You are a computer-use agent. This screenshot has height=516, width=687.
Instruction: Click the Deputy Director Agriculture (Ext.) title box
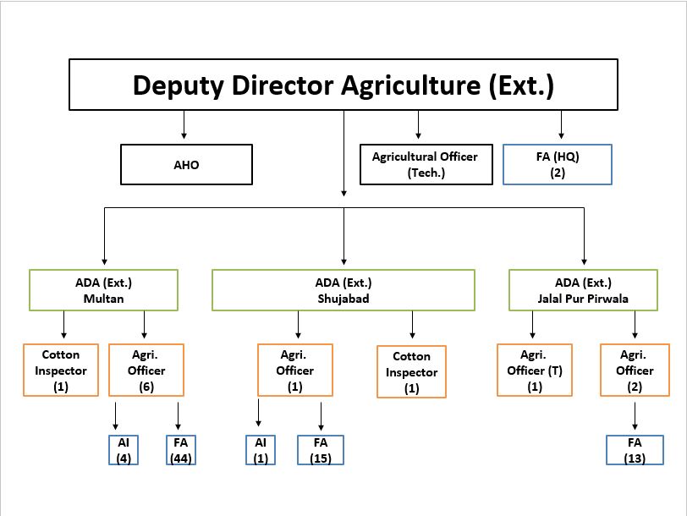tap(343, 85)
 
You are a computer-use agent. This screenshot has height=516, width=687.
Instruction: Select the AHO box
tap(186, 164)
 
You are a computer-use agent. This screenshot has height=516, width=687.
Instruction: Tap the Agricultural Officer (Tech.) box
tap(425, 164)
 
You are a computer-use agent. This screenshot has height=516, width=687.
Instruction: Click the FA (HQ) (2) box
tap(557, 164)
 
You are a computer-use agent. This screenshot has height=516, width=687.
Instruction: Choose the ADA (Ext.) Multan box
tap(103, 290)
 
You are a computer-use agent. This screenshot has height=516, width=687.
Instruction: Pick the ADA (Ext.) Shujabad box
tap(343, 290)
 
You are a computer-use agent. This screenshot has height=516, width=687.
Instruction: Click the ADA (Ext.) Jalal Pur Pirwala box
tap(584, 290)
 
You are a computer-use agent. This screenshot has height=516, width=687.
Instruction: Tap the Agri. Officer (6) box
tap(146, 371)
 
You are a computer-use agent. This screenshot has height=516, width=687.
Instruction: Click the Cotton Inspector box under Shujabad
tap(411, 372)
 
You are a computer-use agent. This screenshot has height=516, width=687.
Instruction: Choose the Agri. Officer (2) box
tap(635, 371)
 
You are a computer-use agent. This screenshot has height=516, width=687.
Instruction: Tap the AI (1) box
tap(261, 450)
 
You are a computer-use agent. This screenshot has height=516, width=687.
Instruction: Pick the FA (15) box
tap(321, 450)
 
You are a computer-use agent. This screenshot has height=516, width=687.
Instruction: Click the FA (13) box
tap(635, 450)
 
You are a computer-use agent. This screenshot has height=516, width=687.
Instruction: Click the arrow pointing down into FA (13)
tap(635, 416)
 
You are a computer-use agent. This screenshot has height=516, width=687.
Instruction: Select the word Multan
tap(103, 299)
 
